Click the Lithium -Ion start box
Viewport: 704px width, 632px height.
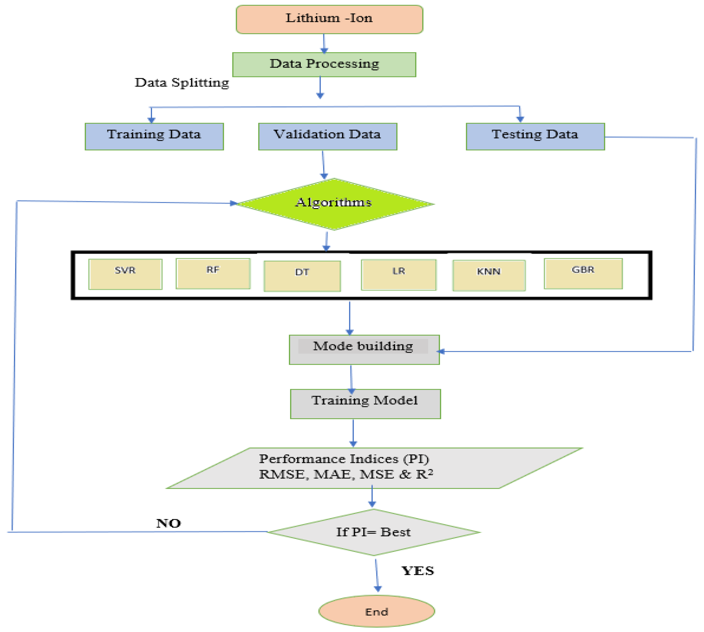coord(329,19)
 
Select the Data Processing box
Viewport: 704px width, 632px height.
coord(324,65)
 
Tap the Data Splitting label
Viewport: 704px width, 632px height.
coord(182,83)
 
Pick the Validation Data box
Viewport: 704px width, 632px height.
coord(327,136)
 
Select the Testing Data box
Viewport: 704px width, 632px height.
coord(535,136)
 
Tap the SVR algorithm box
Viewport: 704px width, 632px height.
coord(125,274)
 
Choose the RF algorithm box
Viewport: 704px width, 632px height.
coord(213,274)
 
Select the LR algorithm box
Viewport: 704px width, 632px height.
coord(398,275)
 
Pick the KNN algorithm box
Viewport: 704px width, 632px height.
coord(489,275)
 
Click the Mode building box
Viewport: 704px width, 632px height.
coord(364,350)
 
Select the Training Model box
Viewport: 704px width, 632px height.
coord(365,404)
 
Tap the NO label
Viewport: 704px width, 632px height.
coord(168,523)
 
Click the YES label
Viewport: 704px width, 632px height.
coord(418,571)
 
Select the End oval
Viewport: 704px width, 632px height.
coord(376,611)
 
